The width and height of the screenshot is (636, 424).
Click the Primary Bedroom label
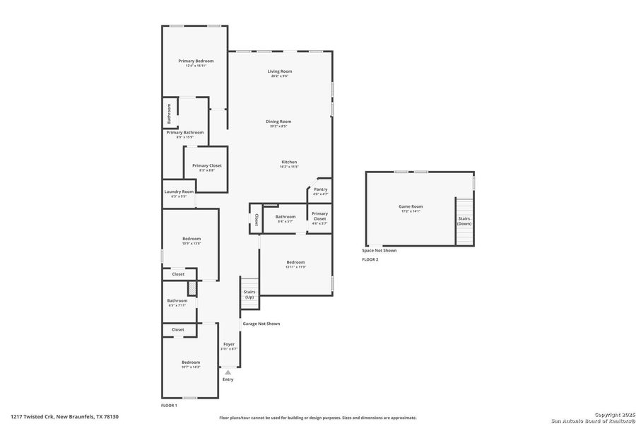[196, 61]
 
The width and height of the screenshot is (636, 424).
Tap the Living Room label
[280, 71]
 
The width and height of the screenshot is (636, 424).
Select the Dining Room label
[278, 122]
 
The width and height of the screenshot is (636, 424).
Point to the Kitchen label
[289, 163]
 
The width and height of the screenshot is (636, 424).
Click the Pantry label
[321, 189]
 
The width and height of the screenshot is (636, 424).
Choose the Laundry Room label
[179, 192]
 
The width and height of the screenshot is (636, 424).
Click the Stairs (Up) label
[249, 294]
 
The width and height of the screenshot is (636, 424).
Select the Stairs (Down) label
[464, 220]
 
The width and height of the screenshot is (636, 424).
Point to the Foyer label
[229, 344]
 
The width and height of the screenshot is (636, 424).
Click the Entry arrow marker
[228, 371]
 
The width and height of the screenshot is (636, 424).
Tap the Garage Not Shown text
[261, 324]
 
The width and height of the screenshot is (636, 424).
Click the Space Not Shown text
[379, 250]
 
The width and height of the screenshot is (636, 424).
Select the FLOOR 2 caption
[370, 260]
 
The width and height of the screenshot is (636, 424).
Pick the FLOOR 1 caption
[170, 406]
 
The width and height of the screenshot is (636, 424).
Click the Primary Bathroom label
[185, 132]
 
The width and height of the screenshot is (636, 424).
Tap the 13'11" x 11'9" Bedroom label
[295, 262]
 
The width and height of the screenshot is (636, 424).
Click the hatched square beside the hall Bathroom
[191, 288]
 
